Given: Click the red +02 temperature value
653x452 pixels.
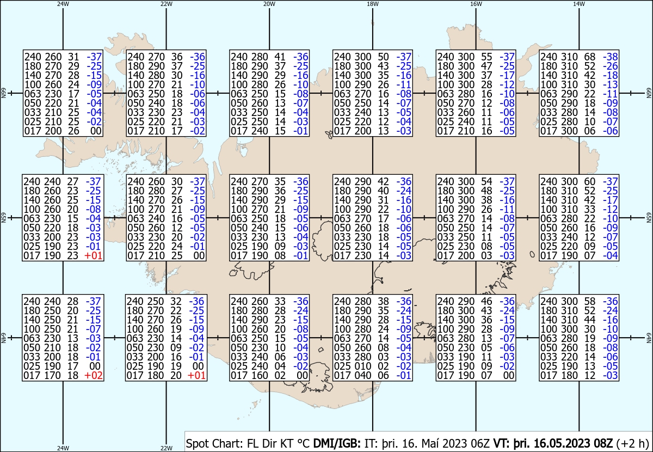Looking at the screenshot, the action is click(93, 376).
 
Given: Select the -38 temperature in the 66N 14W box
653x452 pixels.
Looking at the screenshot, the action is click(611, 57).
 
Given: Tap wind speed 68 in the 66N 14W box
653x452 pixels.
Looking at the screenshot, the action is click(590, 57).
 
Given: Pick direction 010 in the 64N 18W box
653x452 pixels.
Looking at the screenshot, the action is click(362, 366).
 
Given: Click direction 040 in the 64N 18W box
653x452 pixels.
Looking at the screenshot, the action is click(362, 376).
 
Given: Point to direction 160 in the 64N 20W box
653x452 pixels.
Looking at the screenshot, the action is click(260, 376).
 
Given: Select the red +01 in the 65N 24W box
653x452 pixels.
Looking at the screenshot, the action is click(93, 255).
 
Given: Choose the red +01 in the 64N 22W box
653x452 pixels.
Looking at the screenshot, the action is click(196, 376).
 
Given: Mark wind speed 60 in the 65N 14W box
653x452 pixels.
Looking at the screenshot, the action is click(590, 181).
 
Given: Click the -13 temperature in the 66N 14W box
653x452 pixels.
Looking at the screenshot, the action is click(611, 84).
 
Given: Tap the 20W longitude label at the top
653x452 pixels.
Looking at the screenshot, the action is click(269, 4).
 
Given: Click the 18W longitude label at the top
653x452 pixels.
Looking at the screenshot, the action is click(373, 4).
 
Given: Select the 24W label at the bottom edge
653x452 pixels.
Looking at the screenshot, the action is click(63, 448).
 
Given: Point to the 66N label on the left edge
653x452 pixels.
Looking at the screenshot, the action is click(3, 93).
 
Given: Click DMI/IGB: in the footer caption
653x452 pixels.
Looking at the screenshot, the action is click(337, 443).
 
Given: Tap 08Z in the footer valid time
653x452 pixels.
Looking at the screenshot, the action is click(603, 443).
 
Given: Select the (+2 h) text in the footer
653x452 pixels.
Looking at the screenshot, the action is click(632, 443).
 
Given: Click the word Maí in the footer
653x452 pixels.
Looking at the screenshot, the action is click(431, 443).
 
